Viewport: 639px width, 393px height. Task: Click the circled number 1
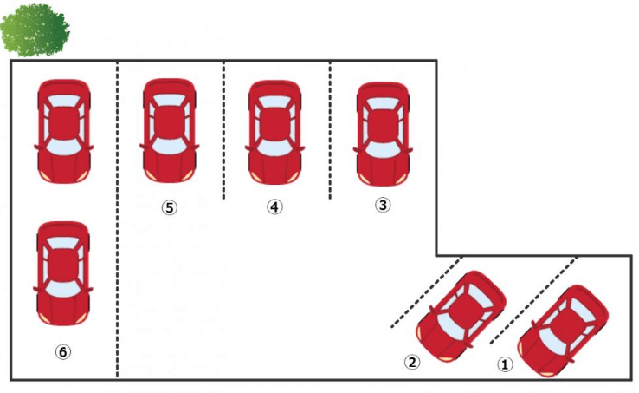click(x=505, y=364)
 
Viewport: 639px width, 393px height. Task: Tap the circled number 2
click(x=412, y=362)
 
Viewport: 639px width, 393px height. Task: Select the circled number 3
click(x=383, y=205)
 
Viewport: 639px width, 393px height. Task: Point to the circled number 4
click(x=275, y=206)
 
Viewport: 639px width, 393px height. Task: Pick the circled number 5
click(x=169, y=207)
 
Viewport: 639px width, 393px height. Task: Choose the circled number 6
click(x=62, y=351)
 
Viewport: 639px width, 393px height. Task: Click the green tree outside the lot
click(x=35, y=30)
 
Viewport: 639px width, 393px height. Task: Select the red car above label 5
click(x=170, y=131)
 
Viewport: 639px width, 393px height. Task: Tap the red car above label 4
click(x=275, y=133)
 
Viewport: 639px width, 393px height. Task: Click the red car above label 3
click(x=383, y=134)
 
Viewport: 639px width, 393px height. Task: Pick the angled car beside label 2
click(x=461, y=317)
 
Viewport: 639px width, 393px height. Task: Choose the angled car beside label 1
click(x=563, y=331)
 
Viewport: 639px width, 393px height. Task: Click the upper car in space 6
click(x=64, y=132)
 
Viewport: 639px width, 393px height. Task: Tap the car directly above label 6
click(x=63, y=273)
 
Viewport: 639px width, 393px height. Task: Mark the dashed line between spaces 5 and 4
click(x=223, y=130)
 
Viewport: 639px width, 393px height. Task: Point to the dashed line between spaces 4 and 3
click(x=330, y=130)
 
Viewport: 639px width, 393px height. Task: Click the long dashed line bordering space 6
click(x=118, y=219)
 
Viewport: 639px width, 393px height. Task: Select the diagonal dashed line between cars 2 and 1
click(x=534, y=300)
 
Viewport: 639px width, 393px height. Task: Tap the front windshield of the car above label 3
click(x=383, y=150)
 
